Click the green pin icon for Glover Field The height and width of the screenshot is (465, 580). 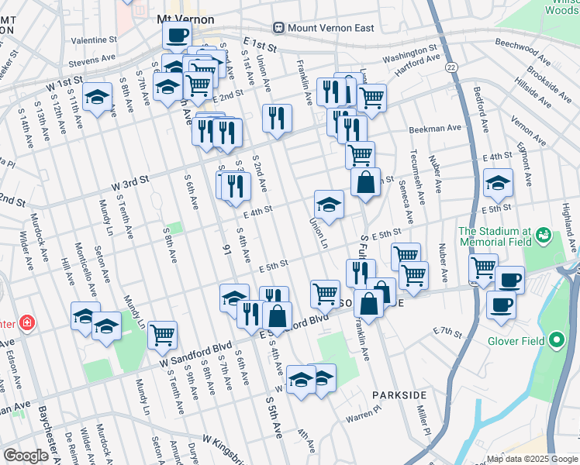click(556, 340)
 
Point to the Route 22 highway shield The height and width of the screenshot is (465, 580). click(451, 68)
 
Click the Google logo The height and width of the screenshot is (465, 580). click(26, 456)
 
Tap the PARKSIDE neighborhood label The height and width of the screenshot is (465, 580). click(399, 394)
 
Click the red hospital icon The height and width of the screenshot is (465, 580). click(28, 322)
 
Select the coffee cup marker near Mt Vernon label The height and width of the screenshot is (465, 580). click(177, 36)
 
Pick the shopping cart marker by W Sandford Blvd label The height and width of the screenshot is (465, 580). click(162, 335)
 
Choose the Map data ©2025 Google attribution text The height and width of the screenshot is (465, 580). click(530, 459)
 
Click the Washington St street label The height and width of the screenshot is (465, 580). click(409, 55)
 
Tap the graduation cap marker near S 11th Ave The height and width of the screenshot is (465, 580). click(97, 97)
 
